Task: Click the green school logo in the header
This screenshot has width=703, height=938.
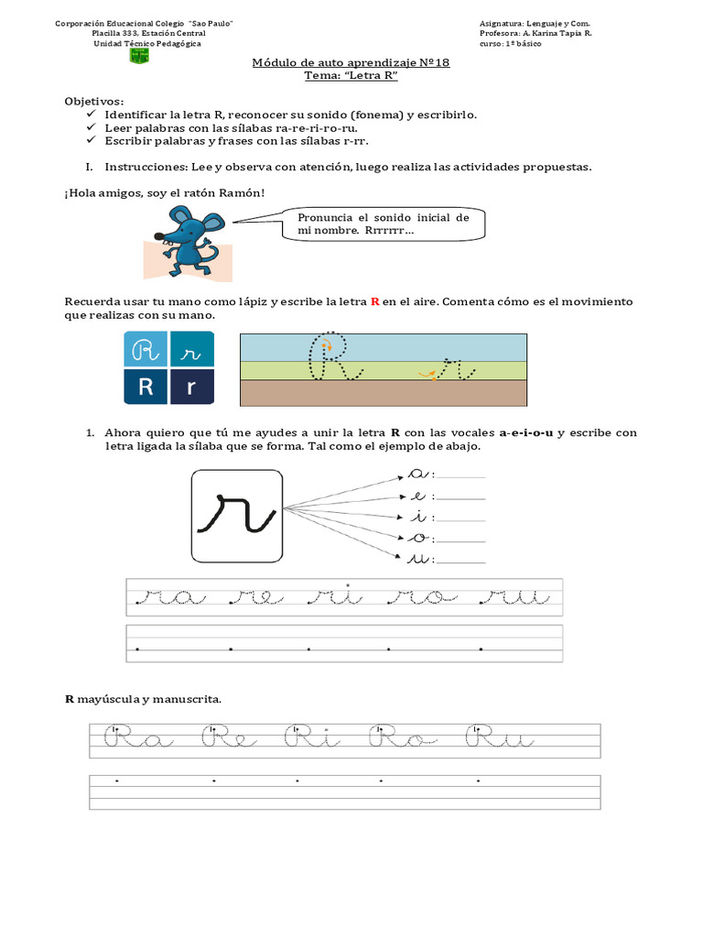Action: click(x=140, y=56)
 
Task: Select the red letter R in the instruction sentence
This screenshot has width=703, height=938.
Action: click(x=374, y=301)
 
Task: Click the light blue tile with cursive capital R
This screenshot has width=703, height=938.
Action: click(x=146, y=349)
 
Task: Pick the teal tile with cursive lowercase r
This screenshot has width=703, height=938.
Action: click(x=192, y=349)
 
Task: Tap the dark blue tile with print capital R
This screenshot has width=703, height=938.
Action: click(x=146, y=387)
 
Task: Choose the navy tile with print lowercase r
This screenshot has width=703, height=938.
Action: click(x=192, y=387)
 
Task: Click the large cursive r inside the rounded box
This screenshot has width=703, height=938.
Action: click(x=236, y=514)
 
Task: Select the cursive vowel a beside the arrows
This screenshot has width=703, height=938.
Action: click(x=418, y=474)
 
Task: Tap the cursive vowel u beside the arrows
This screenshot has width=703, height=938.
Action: click(x=418, y=558)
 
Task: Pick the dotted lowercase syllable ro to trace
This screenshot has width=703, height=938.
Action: click(x=416, y=597)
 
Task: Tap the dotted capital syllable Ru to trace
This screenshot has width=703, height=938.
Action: click(x=500, y=738)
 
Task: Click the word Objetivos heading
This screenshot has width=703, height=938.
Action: click(x=93, y=101)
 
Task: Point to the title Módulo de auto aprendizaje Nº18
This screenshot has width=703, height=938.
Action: click(x=351, y=62)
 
